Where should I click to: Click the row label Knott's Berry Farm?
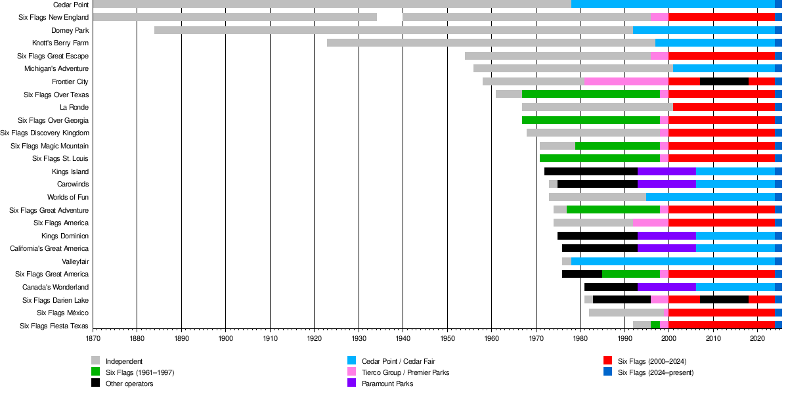tap(60, 43)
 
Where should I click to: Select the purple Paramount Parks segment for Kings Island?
tap(667, 171)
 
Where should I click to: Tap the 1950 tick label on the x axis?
tap(447, 339)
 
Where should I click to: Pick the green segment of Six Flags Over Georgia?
tap(591, 120)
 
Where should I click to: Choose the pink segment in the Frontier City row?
tap(626, 81)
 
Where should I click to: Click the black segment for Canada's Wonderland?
tap(611, 287)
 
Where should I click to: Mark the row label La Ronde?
tap(74, 107)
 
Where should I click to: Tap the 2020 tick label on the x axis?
tap(758, 339)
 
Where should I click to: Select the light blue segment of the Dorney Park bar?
tap(704, 30)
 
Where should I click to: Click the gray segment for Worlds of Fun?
tap(598, 197)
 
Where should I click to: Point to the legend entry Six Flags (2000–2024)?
tap(652, 361)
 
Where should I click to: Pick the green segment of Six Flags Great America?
tap(631, 274)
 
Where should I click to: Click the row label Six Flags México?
tap(63, 313)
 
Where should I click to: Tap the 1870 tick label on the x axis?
tap(93, 339)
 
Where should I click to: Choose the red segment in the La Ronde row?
tap(724, 107)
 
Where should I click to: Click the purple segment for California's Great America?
tap(667, 248)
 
